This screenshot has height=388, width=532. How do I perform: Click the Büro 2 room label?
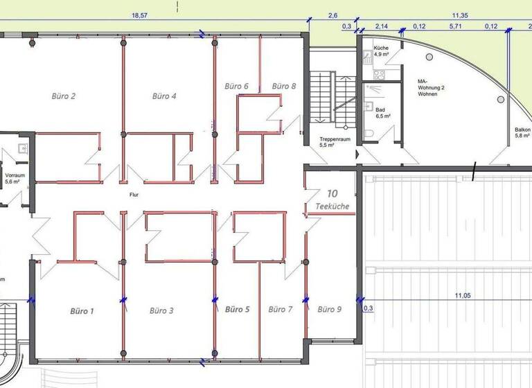64,96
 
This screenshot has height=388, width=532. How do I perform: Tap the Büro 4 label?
164,96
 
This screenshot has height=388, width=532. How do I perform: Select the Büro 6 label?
236,86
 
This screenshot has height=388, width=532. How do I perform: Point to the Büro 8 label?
284,86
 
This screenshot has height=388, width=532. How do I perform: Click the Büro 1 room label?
82,311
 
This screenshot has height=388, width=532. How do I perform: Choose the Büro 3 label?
161,311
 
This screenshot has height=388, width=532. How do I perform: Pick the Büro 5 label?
237,309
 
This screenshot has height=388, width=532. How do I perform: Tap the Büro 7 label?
281,309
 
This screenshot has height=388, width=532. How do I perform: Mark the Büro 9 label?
329,309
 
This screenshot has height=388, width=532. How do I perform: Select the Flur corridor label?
134,195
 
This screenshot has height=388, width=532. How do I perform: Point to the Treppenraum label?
335,139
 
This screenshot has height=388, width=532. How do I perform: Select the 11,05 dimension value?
463,296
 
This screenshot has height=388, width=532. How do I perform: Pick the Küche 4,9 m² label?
382,50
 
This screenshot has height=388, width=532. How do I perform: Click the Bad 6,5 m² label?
382,113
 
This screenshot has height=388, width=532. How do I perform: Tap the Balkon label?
522,132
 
